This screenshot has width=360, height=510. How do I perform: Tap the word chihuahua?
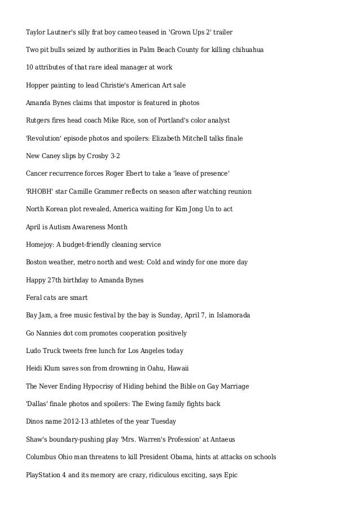249,50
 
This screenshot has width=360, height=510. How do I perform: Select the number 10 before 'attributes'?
30,67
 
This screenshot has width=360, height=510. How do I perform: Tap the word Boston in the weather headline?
38,262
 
